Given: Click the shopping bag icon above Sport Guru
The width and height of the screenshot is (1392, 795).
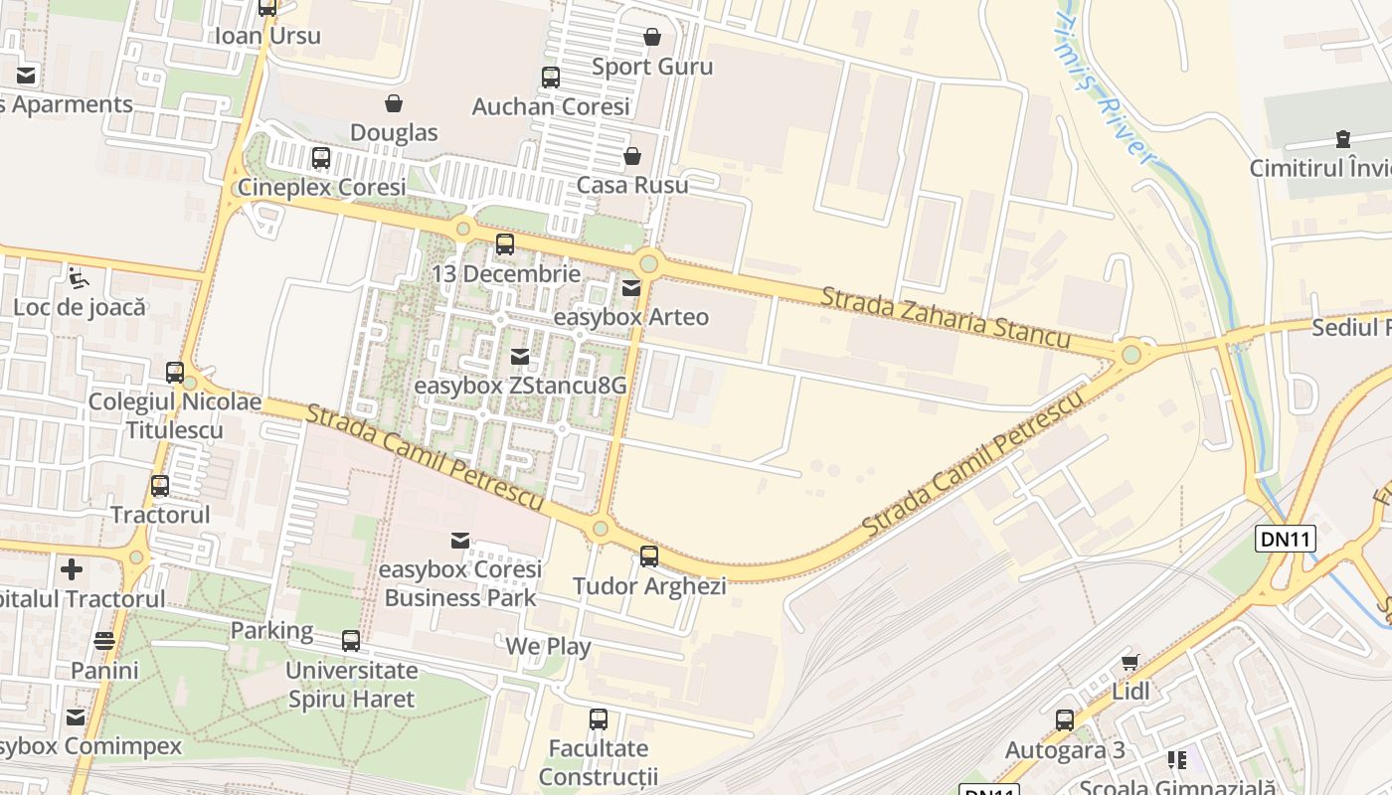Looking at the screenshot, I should [x=652, y=38].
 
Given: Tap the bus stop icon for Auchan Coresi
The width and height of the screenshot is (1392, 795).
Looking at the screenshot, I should [x=551, y=78].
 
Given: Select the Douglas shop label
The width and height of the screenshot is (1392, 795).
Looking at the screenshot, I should [x=394, y=132].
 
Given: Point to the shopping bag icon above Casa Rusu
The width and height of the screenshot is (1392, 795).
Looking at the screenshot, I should [x=631, y=156].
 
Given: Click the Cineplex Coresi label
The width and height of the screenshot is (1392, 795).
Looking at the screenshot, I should [x=321, y=188].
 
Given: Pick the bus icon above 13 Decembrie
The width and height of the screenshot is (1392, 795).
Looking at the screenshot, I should [x=505, y=244].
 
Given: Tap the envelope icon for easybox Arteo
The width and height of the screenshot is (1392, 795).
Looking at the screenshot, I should [x=631, y=288].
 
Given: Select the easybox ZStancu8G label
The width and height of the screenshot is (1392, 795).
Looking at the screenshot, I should [x=520, y=385].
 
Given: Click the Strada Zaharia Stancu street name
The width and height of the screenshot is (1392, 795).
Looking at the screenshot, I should [x=946, y=318].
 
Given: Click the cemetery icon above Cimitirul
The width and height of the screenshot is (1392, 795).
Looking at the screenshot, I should [x=1343, y=138].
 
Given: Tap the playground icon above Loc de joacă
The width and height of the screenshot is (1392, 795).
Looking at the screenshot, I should [x=79, y=277].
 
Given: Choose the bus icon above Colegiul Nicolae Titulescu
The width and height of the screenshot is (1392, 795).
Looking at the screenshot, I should [x=175, y=373].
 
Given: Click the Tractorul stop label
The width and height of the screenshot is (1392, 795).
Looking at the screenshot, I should [x=160, y=515].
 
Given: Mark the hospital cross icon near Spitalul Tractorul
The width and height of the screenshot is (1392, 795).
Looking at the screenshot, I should [x=72, y=569].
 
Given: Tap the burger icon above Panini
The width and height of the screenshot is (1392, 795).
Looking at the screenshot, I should [x=104, y=641].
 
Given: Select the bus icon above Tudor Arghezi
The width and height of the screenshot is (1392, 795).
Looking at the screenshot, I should [x=649, y=556].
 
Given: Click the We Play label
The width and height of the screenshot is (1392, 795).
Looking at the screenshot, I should [x=548, y=646].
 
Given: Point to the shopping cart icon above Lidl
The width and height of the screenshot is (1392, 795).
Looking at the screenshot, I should [x=1130, y=662].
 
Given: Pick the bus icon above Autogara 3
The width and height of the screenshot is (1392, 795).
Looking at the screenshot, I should [x=1065, y=720].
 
